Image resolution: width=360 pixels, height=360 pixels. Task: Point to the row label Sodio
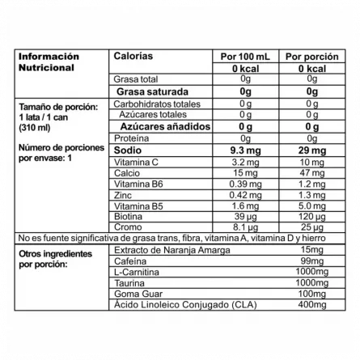click(x=128, y=151)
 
